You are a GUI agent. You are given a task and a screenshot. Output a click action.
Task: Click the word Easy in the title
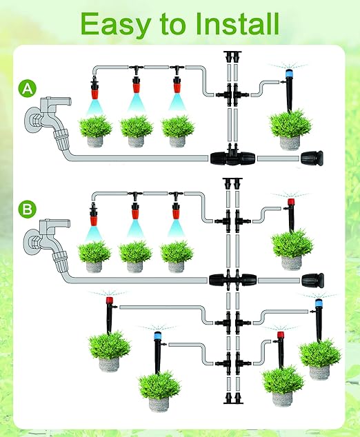point(116,25)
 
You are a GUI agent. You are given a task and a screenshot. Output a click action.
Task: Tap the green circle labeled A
point(28,89)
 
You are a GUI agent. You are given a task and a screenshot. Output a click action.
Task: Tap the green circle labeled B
point(28,209)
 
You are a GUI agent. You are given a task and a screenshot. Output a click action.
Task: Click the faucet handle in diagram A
point(56,101)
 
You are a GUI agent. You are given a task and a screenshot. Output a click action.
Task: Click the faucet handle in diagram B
point(55,223)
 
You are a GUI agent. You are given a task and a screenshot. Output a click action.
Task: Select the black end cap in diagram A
point(312,159)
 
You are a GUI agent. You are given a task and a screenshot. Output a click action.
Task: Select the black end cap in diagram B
point(313,281)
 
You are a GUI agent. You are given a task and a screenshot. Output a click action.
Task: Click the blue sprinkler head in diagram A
point(289,74)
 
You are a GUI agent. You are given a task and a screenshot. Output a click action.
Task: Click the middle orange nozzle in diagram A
point(136,85)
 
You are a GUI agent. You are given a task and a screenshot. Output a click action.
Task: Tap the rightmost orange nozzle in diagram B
point(175,211)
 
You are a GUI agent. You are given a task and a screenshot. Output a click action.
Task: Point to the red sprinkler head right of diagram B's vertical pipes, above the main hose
point(291,202)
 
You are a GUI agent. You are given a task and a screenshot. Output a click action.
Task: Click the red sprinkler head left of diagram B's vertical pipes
point(110,301)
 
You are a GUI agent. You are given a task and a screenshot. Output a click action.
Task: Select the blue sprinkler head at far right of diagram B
point(319,303)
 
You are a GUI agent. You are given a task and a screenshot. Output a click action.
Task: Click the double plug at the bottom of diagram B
point(233,398)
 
